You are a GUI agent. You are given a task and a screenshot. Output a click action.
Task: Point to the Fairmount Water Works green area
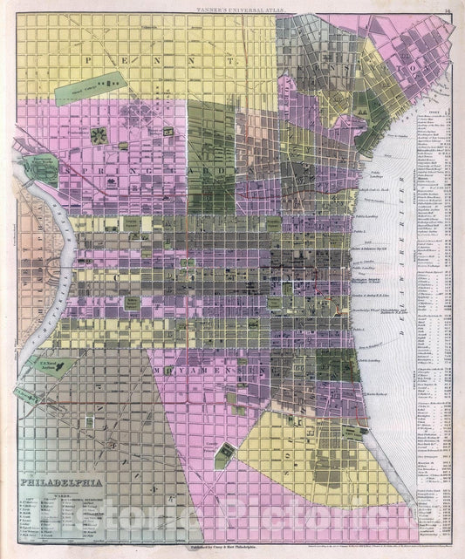pos(39,169)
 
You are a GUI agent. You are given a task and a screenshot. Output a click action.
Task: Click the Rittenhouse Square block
pos(131,301)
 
